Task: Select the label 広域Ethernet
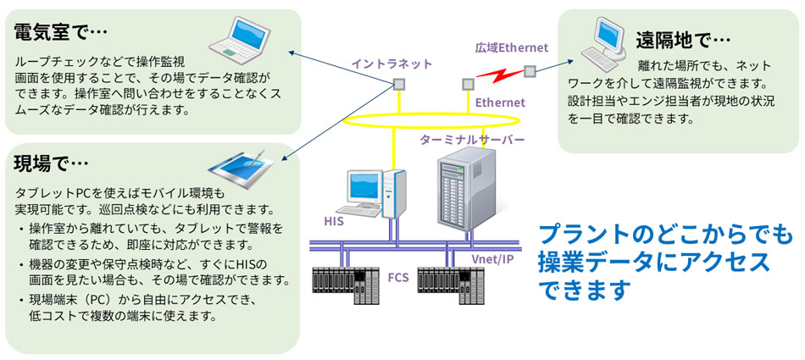(512, 47)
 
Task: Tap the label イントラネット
(392, 64)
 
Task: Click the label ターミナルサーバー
(472, 138)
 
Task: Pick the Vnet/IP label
(491, 257)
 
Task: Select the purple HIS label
(333, 221)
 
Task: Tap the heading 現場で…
(52, 162)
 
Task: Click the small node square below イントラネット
(397, 83)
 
